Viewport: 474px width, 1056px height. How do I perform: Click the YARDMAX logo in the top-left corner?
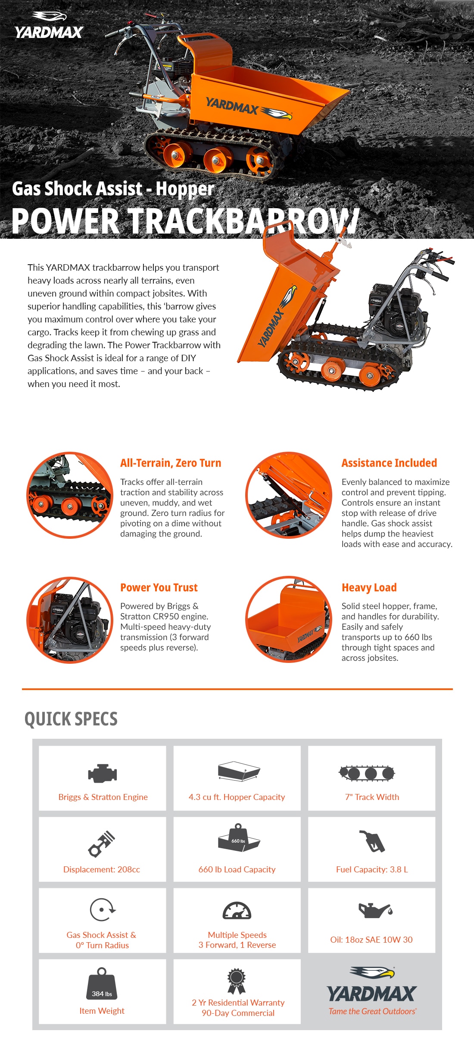[x=49, y=26]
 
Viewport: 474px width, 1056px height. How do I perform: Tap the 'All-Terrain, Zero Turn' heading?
[x=171, y=463]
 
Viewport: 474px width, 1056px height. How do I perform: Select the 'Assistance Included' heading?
[x=389, y=463]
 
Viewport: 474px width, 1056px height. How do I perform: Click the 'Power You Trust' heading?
[x=159, y=587]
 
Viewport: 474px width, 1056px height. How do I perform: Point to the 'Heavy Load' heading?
[x=369, y=587]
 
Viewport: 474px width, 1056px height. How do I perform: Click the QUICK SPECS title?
[x=71, y=719]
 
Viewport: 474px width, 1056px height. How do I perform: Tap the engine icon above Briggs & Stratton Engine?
[x=103, y=773]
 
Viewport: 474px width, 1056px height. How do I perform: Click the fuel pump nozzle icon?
[x=372, y=841]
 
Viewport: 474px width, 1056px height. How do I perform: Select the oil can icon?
[x=375, y=910]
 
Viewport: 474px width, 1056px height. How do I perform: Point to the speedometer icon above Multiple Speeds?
[x=237, y=911]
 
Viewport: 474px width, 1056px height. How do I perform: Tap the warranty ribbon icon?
[x=237, y=981]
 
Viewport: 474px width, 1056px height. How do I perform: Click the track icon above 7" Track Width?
[x=367, y=773]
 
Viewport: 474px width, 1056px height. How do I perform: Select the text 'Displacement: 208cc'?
[x=102, y=869]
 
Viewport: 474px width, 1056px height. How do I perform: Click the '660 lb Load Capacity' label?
[x=237, y=869]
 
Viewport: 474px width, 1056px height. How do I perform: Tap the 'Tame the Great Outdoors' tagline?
[x=372, y=1011]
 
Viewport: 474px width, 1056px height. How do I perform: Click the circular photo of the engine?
[x=70, y=620]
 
